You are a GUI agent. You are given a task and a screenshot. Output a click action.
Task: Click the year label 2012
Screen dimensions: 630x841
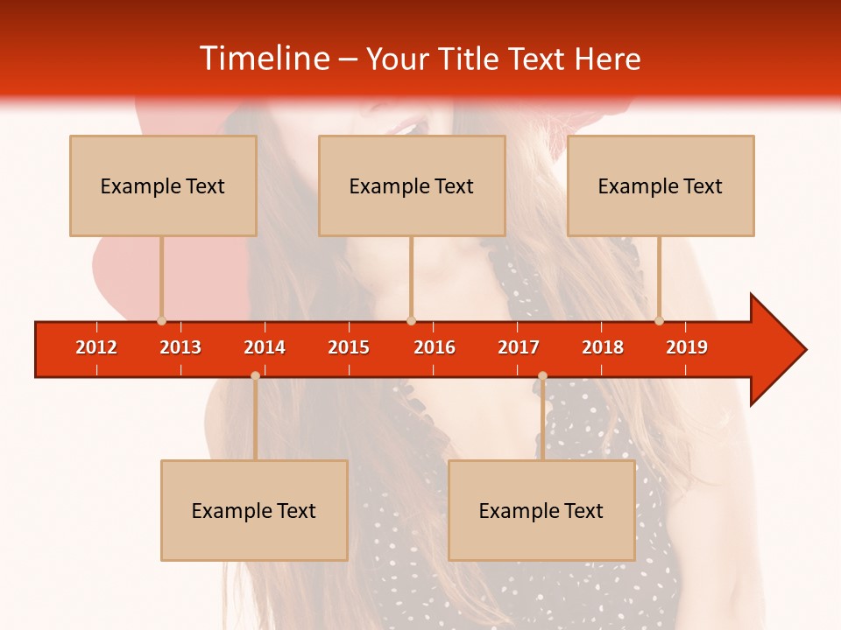click(96, 347)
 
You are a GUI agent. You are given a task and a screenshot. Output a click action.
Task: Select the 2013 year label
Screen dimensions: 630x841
click(180, 347)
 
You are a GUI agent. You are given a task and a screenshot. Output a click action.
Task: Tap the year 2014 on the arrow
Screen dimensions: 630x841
click(265, 347)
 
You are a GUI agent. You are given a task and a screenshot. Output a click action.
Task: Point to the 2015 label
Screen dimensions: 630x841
click(349, 347)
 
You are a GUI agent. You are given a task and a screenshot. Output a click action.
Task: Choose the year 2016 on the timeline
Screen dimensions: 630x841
click(435, 347)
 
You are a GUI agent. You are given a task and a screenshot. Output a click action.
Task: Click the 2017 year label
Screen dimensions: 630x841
click(519, 347)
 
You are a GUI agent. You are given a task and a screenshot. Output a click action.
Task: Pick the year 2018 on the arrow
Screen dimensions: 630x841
click(603, 347)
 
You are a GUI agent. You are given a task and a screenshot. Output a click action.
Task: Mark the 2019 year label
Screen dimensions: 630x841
click(687, 347)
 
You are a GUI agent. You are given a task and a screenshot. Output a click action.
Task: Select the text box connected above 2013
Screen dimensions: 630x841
click(163, 185)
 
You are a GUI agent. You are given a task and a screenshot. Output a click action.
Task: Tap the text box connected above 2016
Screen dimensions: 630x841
click(412, 185)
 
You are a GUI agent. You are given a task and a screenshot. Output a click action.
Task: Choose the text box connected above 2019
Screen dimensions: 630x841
click(661, 185)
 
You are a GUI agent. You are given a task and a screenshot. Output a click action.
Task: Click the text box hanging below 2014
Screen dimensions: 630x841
click(254, 510)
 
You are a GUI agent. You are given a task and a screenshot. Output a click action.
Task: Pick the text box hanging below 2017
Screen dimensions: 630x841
click(541, 510)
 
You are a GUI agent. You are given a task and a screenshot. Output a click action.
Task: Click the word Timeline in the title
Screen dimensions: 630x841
click(265, 59)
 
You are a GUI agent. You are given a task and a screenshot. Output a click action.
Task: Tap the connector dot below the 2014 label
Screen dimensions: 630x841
click(255, 376)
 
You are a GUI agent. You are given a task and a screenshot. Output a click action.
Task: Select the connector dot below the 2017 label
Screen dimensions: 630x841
click(542, 376)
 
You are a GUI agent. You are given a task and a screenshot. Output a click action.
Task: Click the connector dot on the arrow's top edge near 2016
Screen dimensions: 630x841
click(411, 321)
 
